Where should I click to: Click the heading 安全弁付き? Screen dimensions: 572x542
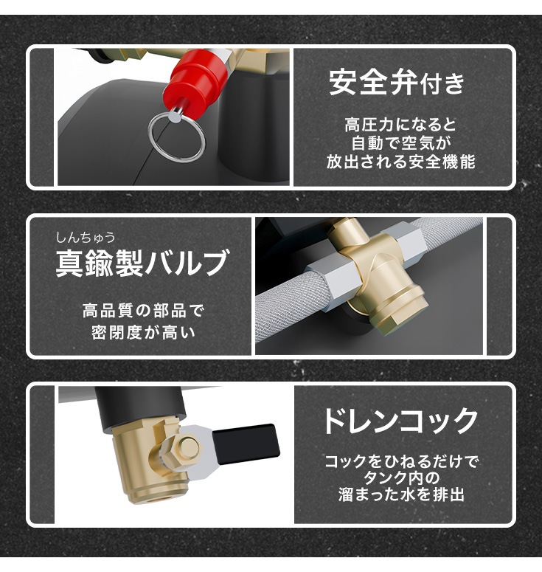click(397, 83)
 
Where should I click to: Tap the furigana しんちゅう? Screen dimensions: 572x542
click(86, 238)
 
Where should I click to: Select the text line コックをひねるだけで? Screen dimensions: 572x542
click(402, 462)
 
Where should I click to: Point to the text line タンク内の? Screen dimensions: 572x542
click(402, 478)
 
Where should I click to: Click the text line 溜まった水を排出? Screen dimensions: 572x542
click(402, 495)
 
